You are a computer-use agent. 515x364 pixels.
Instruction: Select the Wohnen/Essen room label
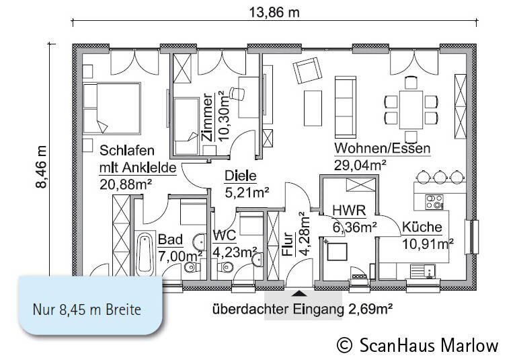coord(382,148)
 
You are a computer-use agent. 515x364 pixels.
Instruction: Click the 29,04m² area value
coord(360,163)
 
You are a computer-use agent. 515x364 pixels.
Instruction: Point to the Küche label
coord(421,226)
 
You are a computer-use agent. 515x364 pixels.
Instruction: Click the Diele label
coord(241,176)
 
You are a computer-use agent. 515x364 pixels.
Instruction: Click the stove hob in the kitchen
coord(434,201)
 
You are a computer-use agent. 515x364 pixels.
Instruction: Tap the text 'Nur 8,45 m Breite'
coord(88,310)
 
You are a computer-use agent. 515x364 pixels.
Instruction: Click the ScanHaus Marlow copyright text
coord(418,345)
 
